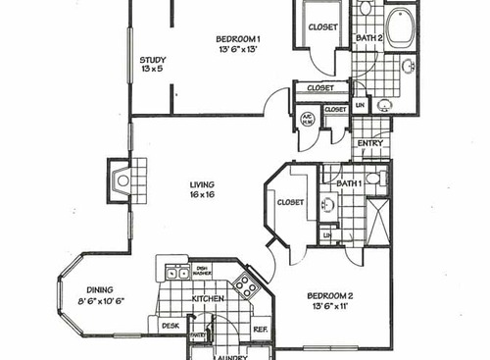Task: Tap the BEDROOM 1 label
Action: click(245, 39)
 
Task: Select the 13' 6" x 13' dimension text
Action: click(245, 52)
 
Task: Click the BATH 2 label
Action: click(367, 39)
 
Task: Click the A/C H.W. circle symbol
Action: click(307, 121)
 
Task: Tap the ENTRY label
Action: click(370, 143)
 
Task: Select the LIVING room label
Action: click(203, 185)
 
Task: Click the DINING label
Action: click(99, 289)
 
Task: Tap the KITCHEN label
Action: click(209, 298)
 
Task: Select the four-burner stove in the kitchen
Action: click(245, 286)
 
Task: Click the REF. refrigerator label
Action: click(261, 330)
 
